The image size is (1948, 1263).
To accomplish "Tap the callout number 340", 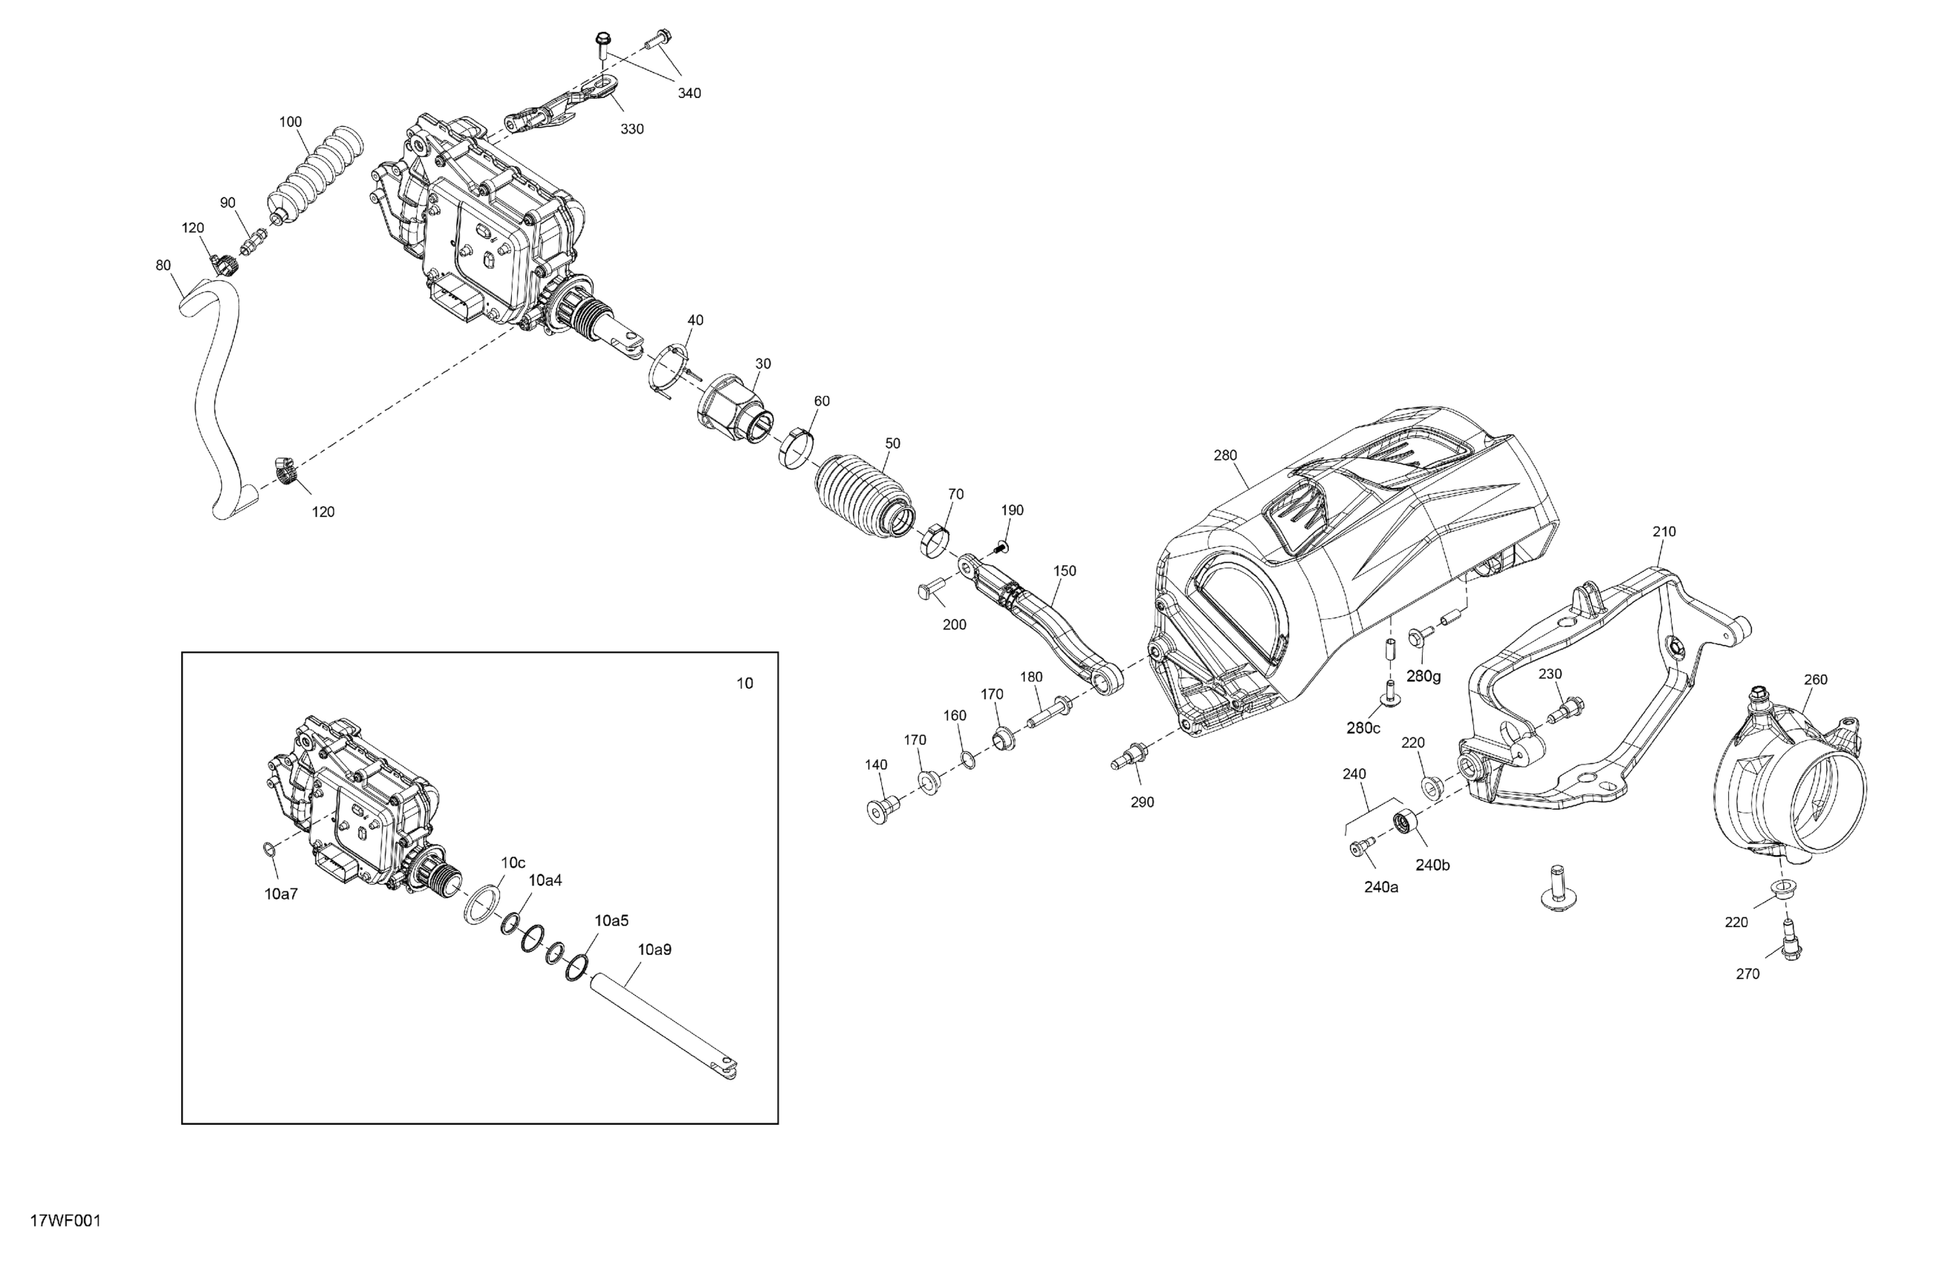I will [x=689, y=94].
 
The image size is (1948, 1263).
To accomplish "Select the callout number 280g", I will [x=1423, y=676].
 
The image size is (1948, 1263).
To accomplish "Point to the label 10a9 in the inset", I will [x=654, y=949].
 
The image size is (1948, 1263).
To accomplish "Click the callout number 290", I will [x=1142, y=802].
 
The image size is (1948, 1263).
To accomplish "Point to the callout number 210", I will [x=1664, y=531].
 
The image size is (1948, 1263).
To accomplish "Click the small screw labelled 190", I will [x=1001, y=545].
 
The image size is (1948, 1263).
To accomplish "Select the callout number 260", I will [x=1816, y=679].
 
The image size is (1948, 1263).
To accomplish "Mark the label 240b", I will [x=1432, y=864].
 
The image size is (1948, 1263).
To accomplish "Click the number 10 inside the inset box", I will [x=745, y=683].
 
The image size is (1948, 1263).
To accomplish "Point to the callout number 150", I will [x=1064, y=571].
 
